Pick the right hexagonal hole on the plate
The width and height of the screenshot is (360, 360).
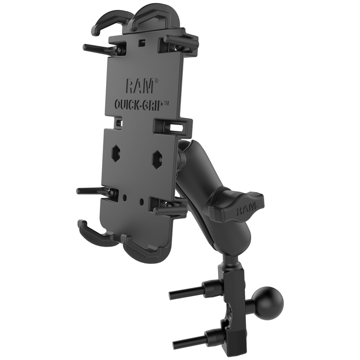pyautogui.click(x=157, y=158)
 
